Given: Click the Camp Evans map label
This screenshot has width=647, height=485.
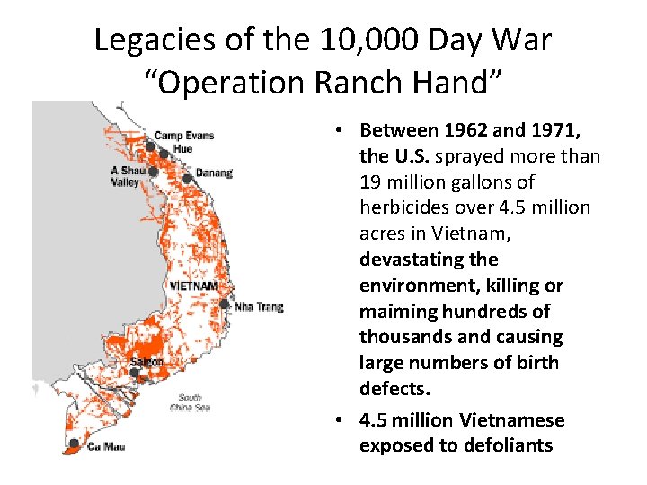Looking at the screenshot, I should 183,136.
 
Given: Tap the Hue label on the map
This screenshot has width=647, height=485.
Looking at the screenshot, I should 182,148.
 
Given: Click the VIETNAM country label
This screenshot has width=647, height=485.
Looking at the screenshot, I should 193,287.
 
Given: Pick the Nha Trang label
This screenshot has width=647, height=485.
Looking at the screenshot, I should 259,307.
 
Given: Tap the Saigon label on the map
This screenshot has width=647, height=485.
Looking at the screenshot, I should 146,362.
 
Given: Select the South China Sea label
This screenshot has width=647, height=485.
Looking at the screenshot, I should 189,402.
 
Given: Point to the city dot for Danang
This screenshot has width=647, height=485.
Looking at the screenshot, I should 187,178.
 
